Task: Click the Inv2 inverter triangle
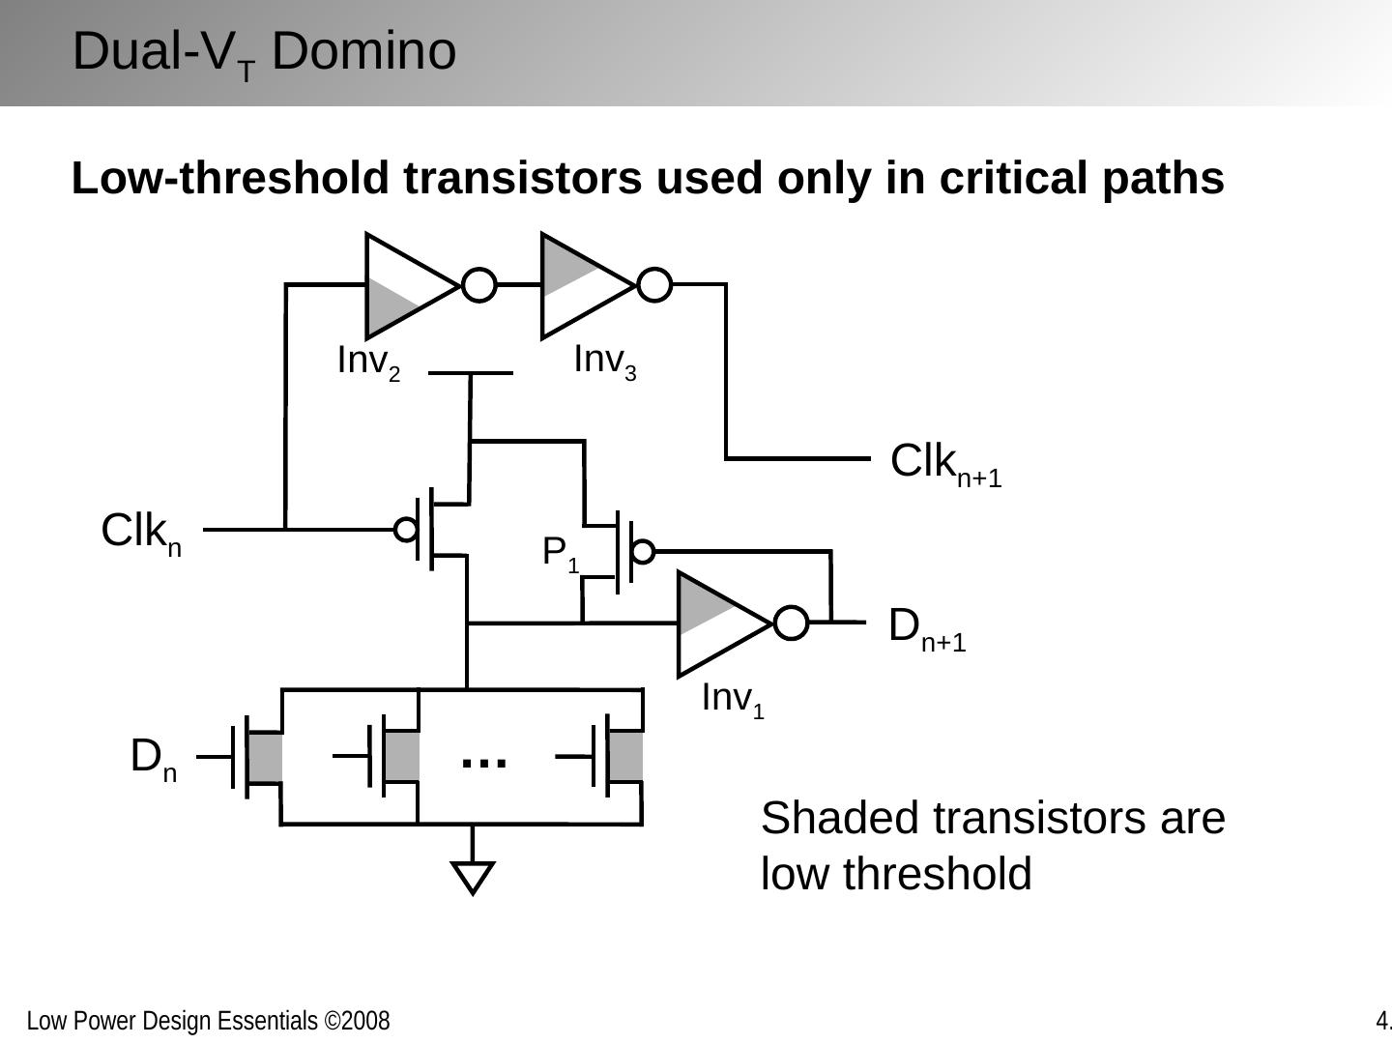tap(406, 286)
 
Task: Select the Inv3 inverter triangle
tap(583, 285)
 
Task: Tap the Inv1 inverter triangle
tap(720, 623)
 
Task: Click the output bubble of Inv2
tap(479, 285)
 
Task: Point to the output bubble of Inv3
tap(654, 285)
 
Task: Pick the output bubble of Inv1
tap(792, 623)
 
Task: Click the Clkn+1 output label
tap(944, 463)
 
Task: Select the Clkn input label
tap(141, 533)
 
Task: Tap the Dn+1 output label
tap(926, 627)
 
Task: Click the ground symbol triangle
tap(473, 877)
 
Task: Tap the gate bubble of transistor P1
tap(643, 552)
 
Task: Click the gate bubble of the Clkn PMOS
tap(407, 530)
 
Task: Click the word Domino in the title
tap(363, 51)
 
